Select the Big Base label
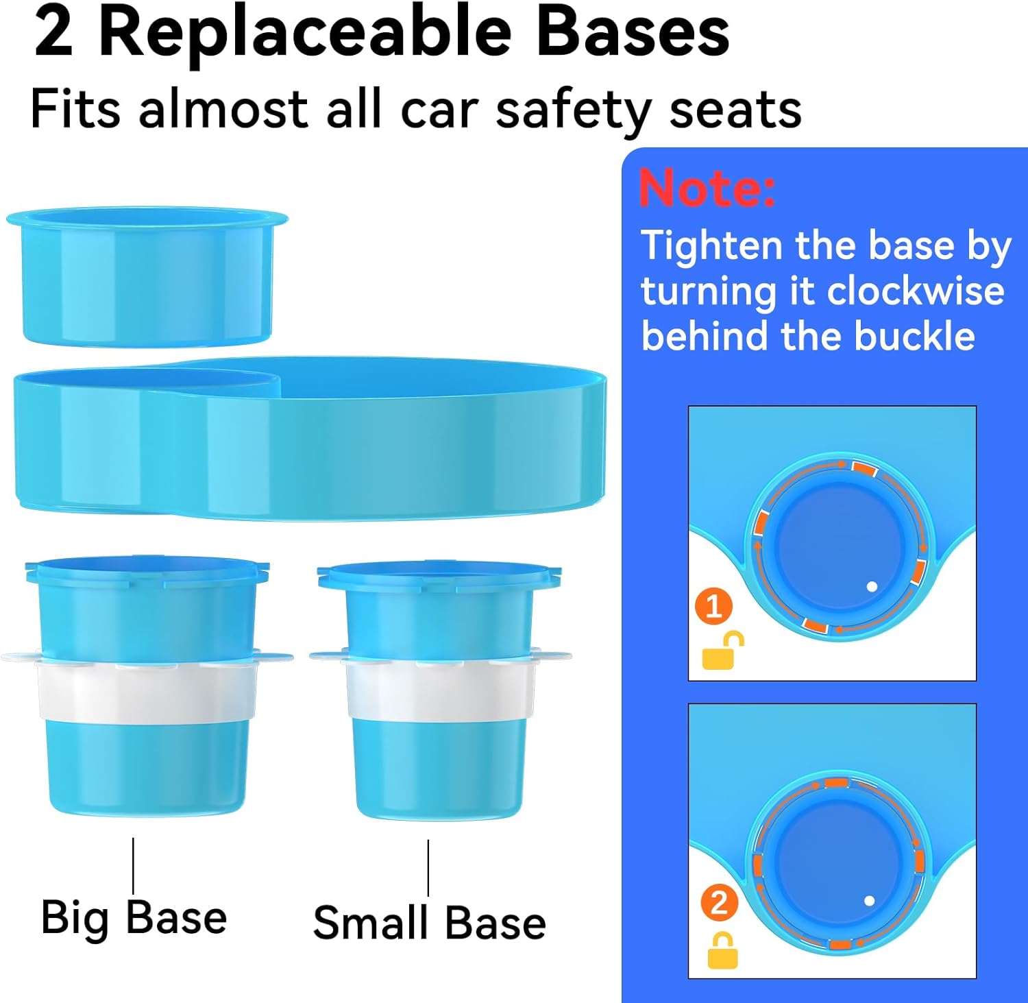134,917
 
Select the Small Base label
429,922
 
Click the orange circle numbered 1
713,607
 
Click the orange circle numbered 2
719,903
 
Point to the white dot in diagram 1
872,587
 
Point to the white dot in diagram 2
869,901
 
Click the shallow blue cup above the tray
147,278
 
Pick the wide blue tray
310,439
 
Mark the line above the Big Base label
133,865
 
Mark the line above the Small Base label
428,868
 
